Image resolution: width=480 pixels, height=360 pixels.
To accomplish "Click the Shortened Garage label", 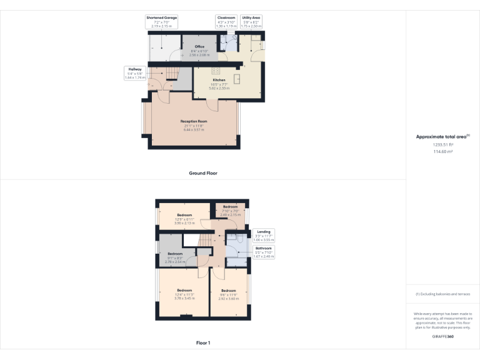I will pos(162,17).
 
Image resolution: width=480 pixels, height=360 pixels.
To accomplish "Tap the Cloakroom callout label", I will pos(226,17).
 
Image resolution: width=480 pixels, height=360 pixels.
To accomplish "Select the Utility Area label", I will pos(252,17).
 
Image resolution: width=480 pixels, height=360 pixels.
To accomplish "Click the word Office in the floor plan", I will pos(199,46).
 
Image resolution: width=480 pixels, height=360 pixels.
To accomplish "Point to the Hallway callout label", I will pos(134,69).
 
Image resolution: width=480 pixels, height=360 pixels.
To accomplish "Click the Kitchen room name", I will pos(219,81).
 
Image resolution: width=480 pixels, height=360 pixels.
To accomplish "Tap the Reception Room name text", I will pos(192,121).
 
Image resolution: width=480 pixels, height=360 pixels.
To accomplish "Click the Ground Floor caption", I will pos(202,172).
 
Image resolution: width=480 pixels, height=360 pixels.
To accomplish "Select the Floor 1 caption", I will pos(202,342).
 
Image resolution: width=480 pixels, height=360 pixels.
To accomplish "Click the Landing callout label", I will pos(263,232).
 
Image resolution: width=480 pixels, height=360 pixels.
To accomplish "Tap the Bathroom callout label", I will pos(264,248).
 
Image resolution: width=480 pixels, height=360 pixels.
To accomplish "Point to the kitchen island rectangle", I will pos(237,79).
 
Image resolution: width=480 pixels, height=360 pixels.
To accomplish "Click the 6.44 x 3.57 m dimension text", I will pos(192,129).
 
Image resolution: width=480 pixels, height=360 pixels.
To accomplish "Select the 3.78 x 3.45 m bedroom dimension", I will pos(184,298).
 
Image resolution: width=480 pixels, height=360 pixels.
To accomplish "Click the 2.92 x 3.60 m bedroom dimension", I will pos(229,298).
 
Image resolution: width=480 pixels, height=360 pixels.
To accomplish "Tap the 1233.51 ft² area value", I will pos(442,144).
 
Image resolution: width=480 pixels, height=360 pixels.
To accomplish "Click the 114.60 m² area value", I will pos(442,151).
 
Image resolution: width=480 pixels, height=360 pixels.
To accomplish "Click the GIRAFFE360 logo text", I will pos(442,337).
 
